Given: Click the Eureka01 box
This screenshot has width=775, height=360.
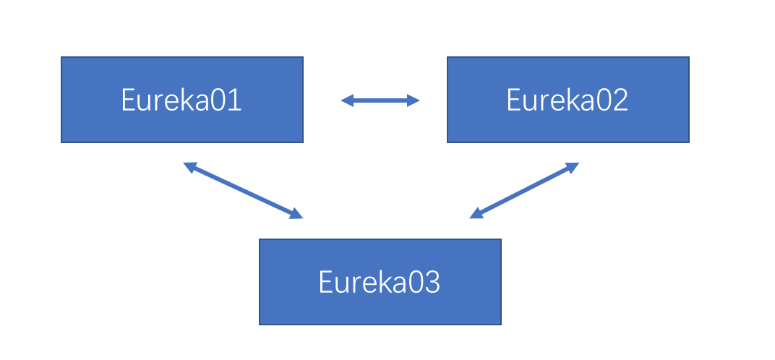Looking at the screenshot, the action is pos(182,100).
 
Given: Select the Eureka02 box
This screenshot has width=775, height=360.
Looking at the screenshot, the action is pos(568,100).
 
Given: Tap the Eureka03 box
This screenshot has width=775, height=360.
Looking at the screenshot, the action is pos(380,282).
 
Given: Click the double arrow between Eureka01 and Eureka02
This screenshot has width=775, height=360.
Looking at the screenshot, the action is pos(380,100).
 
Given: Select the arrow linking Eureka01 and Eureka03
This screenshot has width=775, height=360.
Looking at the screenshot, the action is pos(243,190).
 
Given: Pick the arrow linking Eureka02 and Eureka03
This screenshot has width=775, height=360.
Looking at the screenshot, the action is pos(524,190).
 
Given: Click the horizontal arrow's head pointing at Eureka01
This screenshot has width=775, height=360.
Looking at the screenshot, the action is pos(347,100).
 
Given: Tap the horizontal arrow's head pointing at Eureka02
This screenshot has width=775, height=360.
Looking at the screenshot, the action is pos(414,100).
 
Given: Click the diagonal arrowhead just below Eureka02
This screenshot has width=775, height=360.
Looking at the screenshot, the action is pos(573,167).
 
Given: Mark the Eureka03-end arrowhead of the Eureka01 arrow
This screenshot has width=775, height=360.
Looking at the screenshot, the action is pos(296,214).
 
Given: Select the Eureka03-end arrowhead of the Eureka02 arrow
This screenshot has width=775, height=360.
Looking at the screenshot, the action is pos(476,214).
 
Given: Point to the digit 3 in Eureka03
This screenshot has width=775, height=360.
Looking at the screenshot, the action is pos(432,282).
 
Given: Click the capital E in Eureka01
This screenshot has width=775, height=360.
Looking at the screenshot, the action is pos(128,100).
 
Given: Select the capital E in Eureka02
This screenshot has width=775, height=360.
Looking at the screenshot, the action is pos(514,100).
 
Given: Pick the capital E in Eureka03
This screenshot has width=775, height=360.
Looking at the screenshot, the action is pos(326,282).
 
